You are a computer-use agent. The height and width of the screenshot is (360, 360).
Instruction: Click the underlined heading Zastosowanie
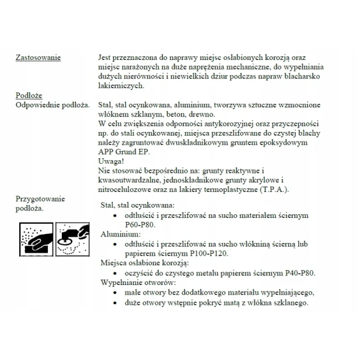(38, 58)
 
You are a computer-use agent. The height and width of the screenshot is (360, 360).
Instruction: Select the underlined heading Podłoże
(29, 95)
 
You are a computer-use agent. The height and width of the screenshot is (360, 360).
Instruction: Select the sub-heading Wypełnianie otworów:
(138, 282)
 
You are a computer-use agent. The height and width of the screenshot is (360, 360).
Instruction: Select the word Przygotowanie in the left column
(40, 199)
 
